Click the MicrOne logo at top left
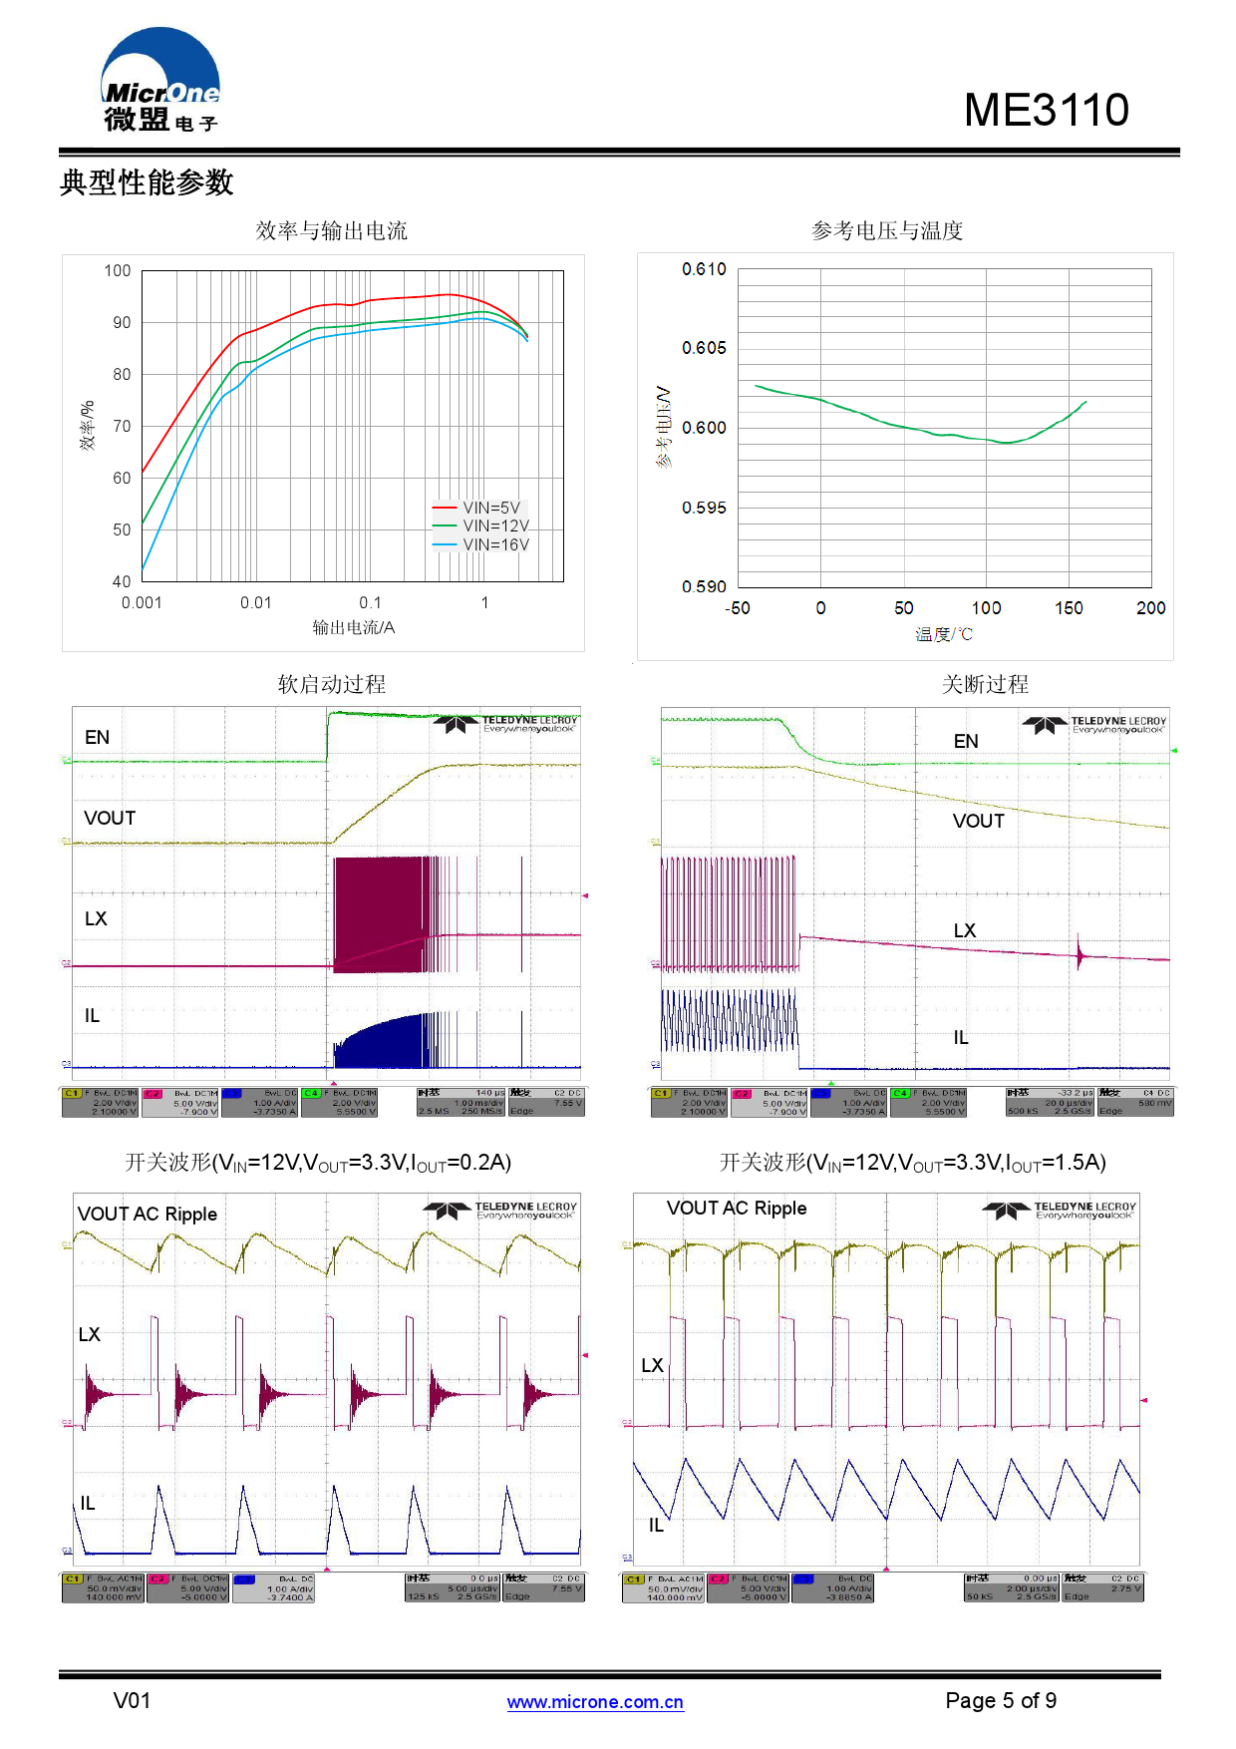tap(159, 82)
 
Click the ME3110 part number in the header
tap(1046, 110)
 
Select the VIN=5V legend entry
tap(490, 508)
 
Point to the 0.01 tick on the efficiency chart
tap(255, 602)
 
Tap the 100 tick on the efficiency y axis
tap(118, 270)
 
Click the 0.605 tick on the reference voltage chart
tap(704, 348)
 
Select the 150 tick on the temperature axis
tap(1069, 607)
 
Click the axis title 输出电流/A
tap(353, 627)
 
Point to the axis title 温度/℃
tap(943, 634)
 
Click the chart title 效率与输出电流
tap(331, 231)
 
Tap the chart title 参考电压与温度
tap(886, 231)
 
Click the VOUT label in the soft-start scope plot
tap(110, 818)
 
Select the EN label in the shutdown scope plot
tap(966, 741)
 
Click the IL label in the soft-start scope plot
tap(92, 1015)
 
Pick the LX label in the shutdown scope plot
tap(964, 930)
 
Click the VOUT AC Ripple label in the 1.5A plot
tap(737, 1208)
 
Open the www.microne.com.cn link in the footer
tap(595, 1702)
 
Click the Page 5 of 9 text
tap(1001, 1700)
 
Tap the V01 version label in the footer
tap(132, 1700)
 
